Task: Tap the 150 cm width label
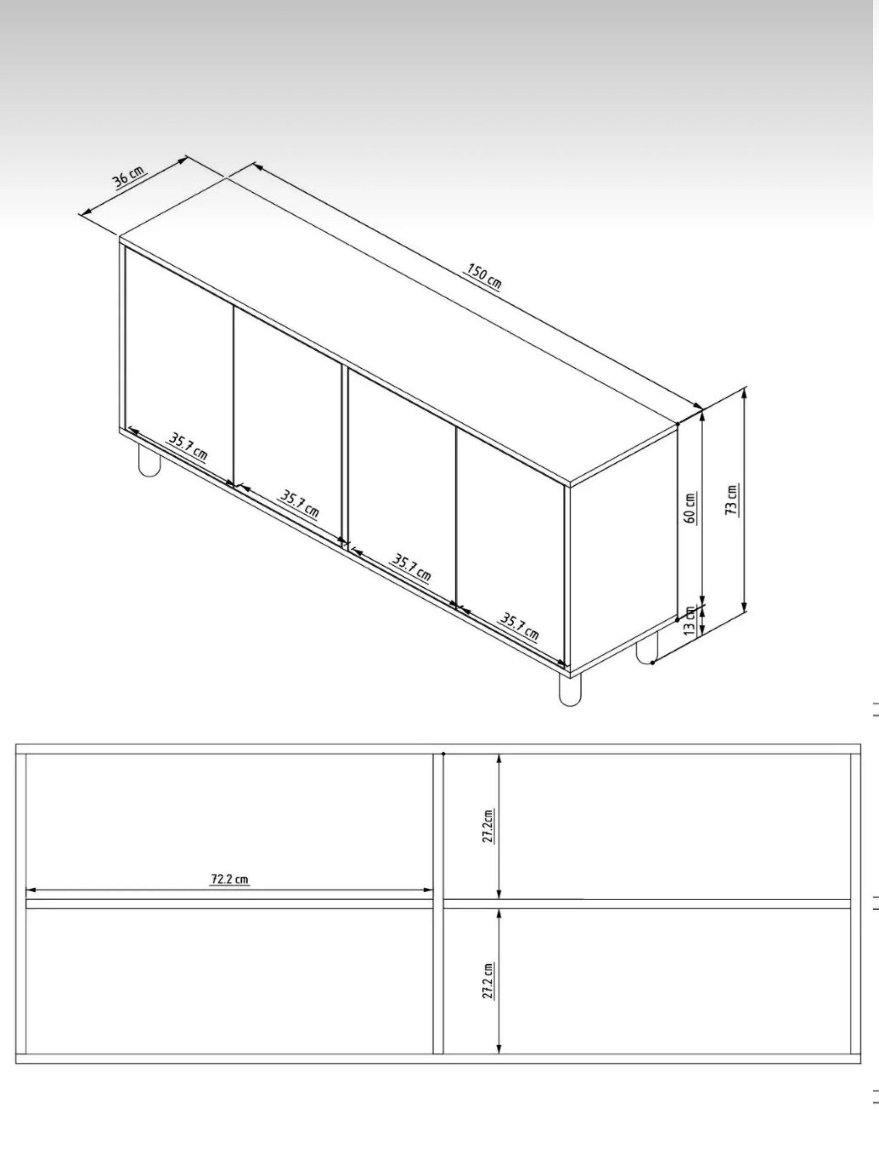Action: [x=482, y=276]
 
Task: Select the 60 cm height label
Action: [x=690, y=508]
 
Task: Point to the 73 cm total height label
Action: [x=732, y=500]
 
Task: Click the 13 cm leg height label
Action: [x=689, y=621]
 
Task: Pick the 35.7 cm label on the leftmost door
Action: [x=188, y=447]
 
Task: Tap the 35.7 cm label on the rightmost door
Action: [x=519, y=627]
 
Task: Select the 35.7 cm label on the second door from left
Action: [x=299, y=505]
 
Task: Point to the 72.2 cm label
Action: [x=230, y=879]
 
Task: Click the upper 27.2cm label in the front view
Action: [x=488, y=826]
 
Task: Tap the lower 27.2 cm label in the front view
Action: [x=488, y=981]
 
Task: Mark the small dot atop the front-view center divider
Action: [x=444, y=754]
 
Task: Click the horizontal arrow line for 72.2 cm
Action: [x=230, y=890]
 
